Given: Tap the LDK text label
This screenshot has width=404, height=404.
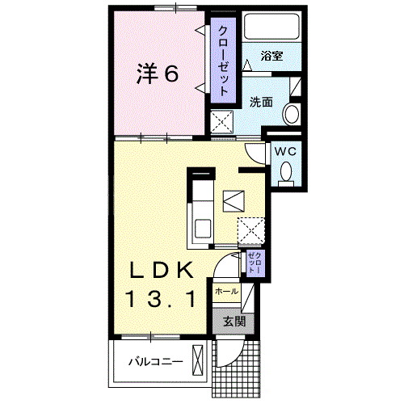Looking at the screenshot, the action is [x=162, y=270].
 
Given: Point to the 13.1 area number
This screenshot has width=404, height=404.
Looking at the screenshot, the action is [x=162, y=300].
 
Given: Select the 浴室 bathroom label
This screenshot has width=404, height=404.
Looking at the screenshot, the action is [x=271, y=56].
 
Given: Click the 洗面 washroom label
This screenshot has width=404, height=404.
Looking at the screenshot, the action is [x=261, y=102].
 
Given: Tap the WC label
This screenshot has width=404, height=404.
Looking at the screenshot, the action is [x=285, y=151].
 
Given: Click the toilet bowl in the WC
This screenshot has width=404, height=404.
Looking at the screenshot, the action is [x=286, y=172].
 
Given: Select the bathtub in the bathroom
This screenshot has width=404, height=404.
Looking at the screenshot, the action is [x=271, y=27].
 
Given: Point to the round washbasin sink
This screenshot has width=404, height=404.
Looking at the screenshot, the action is [x=292, y=114].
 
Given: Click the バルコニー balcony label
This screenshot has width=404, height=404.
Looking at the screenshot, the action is [x=156, y=361].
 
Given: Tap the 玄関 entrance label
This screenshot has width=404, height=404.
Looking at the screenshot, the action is [x=234, y=322].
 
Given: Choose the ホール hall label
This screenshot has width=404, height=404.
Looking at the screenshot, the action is [x=226, y=291].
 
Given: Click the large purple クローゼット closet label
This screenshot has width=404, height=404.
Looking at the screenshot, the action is [x=223, y=61].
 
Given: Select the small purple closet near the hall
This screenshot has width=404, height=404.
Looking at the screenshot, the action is [x=255, y=263].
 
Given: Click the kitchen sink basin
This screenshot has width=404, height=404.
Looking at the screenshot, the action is [x=203, y=229].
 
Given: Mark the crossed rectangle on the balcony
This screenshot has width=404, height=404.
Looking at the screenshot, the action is [x=197, y=360].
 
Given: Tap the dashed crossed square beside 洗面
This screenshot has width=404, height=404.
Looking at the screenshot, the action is [x=222, y=122].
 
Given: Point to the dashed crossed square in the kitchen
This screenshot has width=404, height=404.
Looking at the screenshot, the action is [x=251, y=231].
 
